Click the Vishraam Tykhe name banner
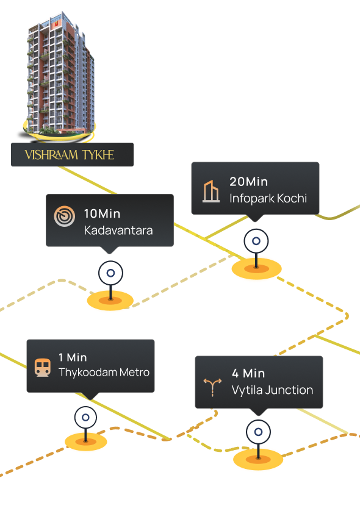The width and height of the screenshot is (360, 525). [x=72, y=154]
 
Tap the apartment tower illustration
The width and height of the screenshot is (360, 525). [x=59, y=74]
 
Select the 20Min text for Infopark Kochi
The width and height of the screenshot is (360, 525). [x=249, y=182]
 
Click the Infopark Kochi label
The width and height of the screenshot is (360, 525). [x=268, y=198]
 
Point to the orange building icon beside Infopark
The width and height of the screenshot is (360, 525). [x=211, y=191]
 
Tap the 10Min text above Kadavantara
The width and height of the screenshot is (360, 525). [x=102, y=213]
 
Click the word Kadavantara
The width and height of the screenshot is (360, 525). [x=118, y=230]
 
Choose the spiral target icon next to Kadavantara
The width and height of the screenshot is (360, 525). [x=64, y=216]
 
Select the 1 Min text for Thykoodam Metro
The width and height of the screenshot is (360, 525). [x=73, y=357]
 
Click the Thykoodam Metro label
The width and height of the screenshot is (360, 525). [x=104, y=373]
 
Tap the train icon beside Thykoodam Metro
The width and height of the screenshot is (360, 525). [x=43, y=368]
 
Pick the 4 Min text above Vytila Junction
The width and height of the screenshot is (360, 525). [x=248, y=373]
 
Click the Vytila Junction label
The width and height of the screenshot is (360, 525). [x=272, y=390]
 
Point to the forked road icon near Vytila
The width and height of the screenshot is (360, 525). [x=212, y=387]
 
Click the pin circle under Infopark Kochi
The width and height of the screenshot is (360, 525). [x=256, y=241]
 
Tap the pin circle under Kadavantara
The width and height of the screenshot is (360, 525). [x=110, y=273]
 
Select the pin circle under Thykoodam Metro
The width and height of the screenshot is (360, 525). [x=85, y=418]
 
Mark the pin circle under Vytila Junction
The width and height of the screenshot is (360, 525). [x=258, y=432]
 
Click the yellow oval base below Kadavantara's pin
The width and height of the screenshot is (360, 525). [x=110, y=301]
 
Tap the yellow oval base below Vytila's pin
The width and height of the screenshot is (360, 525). [x=258, y=459]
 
